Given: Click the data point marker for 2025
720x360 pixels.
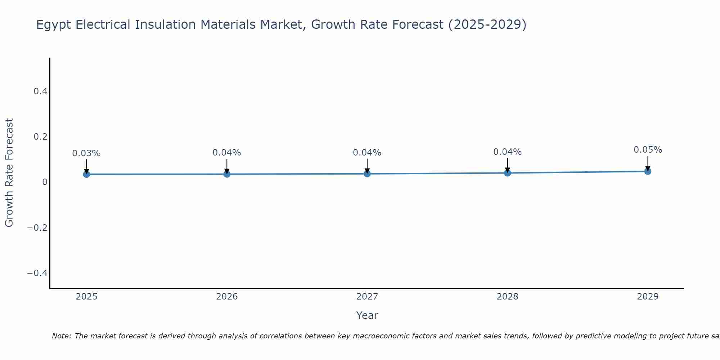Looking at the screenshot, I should pos(86,174).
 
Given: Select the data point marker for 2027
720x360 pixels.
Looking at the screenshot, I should pos(367,174).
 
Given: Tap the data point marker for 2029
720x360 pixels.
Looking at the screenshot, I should pos(648,171).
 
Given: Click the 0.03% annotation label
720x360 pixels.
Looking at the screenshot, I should pos(86,153).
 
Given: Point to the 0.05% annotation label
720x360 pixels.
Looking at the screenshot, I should pos(648,150).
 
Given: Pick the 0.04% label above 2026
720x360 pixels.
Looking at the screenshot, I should pos(227,153).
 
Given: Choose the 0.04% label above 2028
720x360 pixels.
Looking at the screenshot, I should pos(507,152).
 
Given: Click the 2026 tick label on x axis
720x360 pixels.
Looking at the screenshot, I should pos(227,297).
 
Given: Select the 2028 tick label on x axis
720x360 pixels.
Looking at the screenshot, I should pos(507,297).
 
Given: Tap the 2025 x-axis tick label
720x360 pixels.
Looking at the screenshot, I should pos(87,297).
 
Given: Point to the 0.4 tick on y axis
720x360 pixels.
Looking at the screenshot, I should pos(41,91).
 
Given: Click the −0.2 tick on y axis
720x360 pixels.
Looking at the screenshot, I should pos(37,228).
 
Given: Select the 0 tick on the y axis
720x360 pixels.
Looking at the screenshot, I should pos(45,182).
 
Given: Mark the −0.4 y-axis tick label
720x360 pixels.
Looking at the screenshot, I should pos(37,273).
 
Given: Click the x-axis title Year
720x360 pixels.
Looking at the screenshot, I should pos(367,316).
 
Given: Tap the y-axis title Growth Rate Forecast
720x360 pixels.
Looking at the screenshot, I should pos(9,173).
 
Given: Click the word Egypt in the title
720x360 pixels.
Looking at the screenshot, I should pos(54,25).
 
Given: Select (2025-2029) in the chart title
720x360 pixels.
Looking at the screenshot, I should pos(487,25).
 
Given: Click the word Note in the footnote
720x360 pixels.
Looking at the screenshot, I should pos(61,336).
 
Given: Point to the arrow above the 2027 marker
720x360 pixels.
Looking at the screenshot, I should pos(367,166).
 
